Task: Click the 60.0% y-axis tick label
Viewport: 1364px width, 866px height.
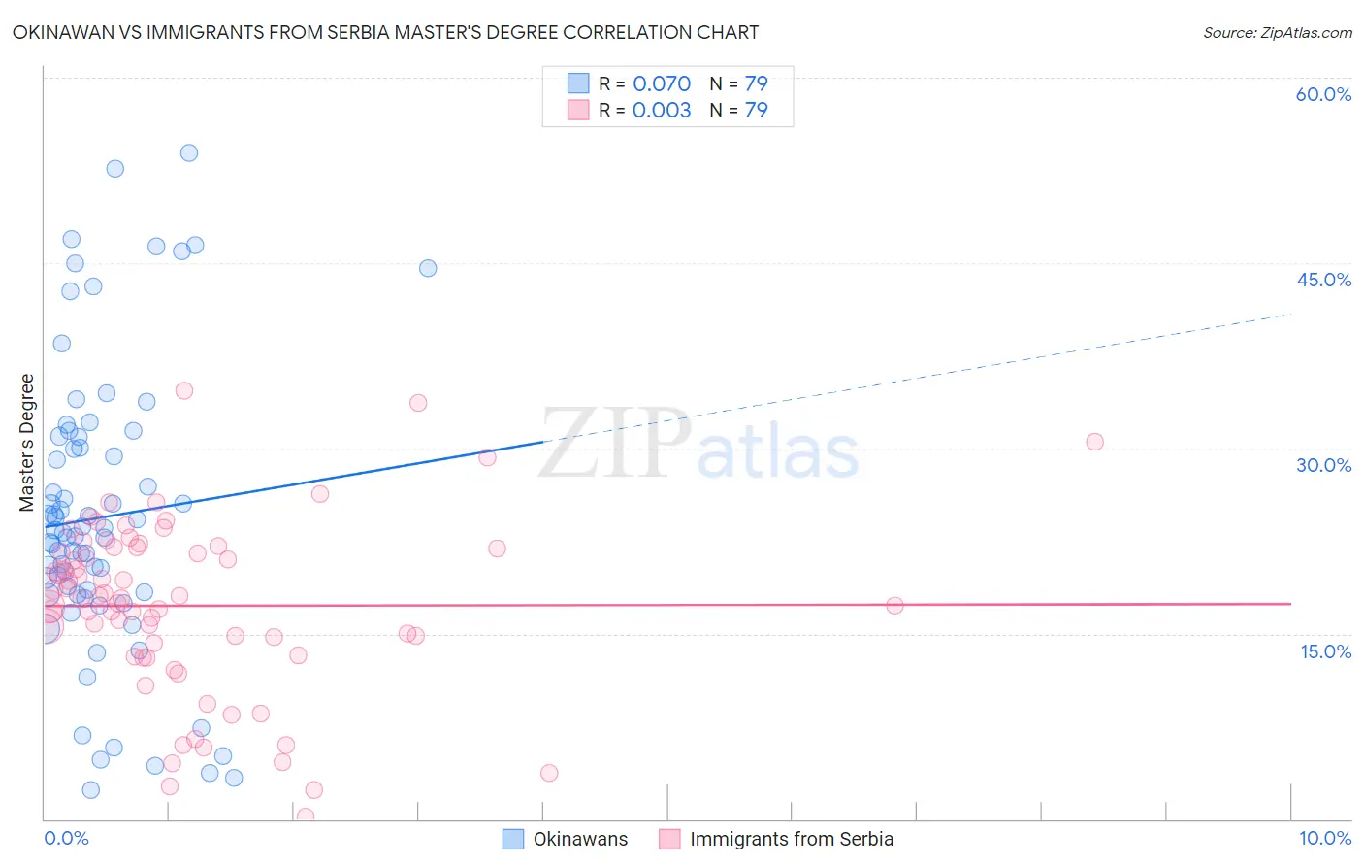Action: (1323, 94)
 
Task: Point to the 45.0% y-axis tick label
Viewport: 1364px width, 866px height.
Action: (1323, 280)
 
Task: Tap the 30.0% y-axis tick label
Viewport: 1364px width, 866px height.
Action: (1323, 465)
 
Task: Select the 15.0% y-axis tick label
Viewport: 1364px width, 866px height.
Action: (1325, 651)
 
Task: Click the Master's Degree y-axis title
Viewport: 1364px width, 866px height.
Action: (27, 442)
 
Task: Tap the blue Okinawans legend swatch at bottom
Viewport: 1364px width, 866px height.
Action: (513, 839)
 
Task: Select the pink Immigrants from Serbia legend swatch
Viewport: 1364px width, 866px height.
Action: (669, 839)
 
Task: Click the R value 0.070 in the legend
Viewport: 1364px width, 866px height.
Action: (662, 83)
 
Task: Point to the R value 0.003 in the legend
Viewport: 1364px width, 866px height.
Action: (662, 110)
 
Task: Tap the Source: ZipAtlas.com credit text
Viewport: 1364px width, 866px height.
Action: (1277, 32)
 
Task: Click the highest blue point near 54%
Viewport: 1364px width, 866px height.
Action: (189, 152)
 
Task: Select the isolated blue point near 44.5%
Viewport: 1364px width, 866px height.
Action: (428, 268)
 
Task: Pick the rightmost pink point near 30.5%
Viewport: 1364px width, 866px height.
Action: (1095, 442)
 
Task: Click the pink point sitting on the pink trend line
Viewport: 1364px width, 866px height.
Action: (894, 606)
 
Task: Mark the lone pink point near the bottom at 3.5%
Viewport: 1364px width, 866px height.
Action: (549, 773)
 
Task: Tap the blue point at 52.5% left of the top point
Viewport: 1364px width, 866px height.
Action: (115, 168)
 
